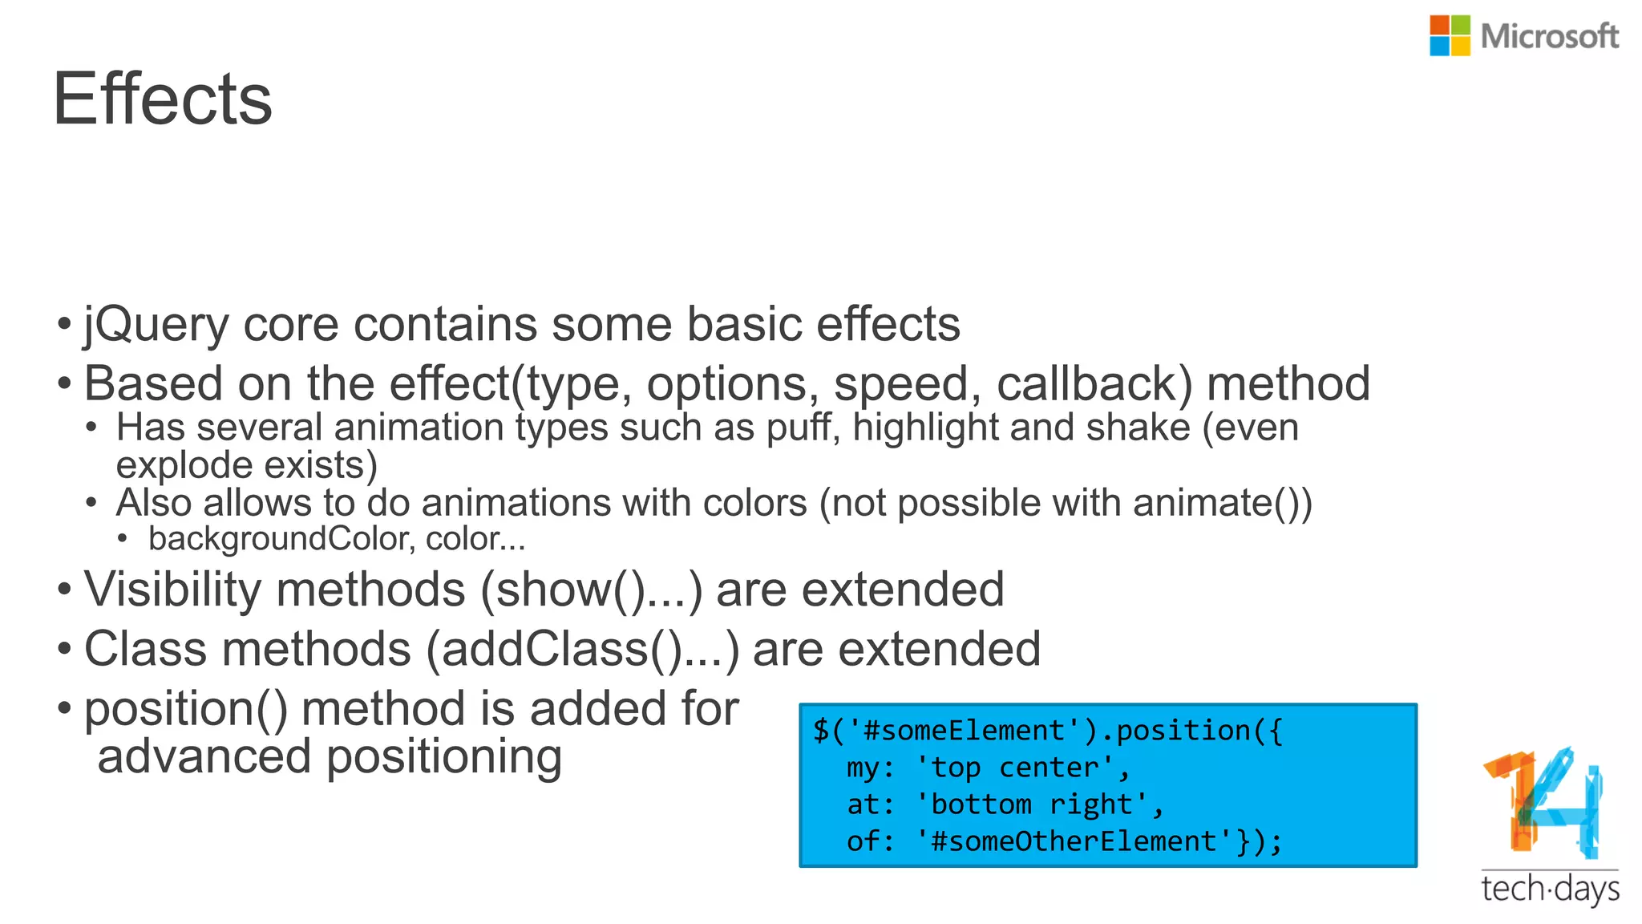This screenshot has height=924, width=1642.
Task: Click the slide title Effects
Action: coord(163,99)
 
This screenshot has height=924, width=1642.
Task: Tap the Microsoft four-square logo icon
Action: coord(1450,36)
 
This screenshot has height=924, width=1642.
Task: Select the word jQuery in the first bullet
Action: coord(156,326)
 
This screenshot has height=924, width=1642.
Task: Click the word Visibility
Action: coord(172,590)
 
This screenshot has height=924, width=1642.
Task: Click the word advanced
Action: coord(204,756)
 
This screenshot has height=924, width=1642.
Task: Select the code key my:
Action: coord(870,768)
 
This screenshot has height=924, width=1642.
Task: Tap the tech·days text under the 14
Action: coord(1550,890)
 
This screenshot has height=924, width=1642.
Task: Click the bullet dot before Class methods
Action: coord(64,649)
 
